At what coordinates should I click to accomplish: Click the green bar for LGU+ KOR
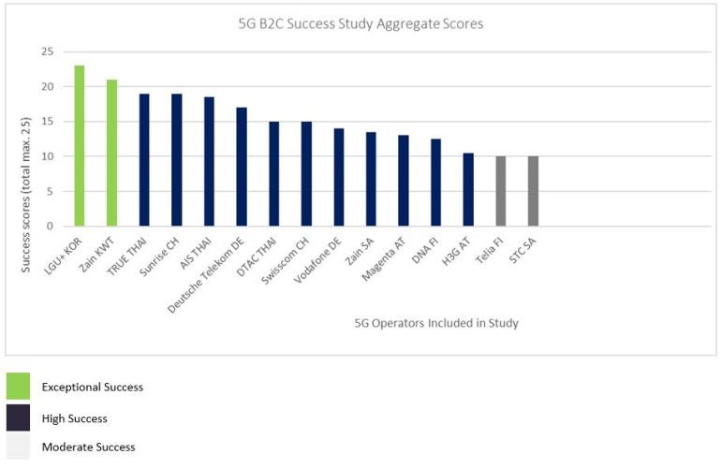point(80,146)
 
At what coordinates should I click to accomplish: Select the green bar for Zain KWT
point(111,153)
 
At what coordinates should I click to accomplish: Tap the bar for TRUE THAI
point(144,160)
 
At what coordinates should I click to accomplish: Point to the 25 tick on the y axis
point(47,52)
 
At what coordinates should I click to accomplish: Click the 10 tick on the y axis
point(47,156)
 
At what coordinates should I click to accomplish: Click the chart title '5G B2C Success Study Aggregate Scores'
point(360,24)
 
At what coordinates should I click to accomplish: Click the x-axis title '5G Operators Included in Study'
point(436,323)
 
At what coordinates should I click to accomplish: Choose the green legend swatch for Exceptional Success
point(18,387)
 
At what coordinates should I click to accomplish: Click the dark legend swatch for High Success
point(18,418)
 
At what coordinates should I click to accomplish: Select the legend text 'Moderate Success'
point(88,447)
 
